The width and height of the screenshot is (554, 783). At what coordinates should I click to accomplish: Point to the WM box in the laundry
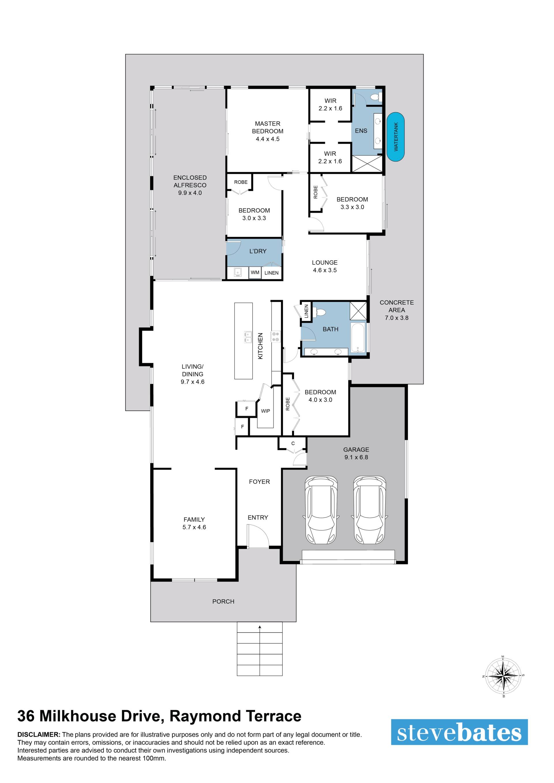click(255, 273)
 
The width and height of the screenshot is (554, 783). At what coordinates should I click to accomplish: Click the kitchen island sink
click(247, 337)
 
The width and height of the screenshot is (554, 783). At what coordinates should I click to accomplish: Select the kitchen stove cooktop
click(275, 337)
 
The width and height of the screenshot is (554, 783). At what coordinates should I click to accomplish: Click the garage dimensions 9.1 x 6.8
click(356, 457)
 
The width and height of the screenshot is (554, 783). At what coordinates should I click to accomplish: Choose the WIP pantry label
click(265, 411)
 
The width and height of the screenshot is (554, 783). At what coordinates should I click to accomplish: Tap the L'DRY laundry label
click(258, 251)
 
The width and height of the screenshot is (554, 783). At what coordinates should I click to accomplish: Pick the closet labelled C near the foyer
click(293, 444)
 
